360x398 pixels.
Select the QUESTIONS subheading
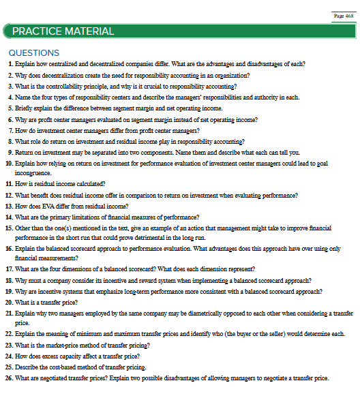tap(34, 52)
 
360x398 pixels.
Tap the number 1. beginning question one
tap(10, 63)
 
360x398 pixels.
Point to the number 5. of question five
tap(10, 108)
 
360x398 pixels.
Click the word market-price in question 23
tap(66, 346)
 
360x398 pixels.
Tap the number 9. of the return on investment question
tap(10, 152)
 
